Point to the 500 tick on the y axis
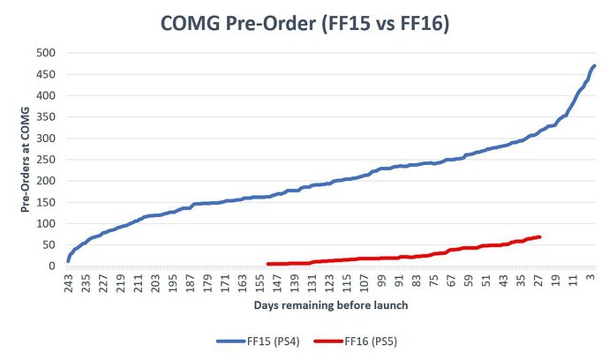tap(46, 53)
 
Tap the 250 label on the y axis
tap(46, 160)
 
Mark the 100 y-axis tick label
tap(46, 223)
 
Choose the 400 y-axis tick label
tap(46, 95)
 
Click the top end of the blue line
tap(595, 65)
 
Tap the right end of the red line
tap(539, 236)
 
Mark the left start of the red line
tap(267, 264)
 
